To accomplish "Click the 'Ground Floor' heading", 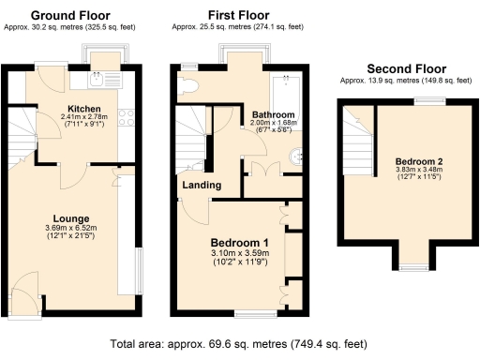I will coord(70,16).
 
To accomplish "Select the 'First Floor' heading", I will coord(238,16).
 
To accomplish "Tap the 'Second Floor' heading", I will coord(406,68).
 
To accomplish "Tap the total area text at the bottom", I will coord(239,343).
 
